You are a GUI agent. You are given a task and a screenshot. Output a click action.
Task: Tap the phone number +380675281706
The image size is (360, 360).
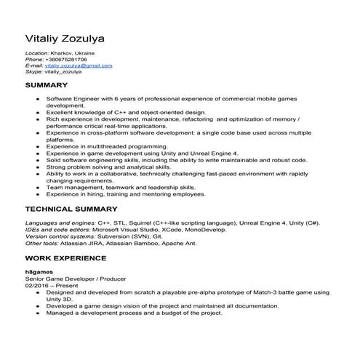pos(66,60)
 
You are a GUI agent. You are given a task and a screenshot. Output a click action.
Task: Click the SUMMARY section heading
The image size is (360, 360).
pos(47,85)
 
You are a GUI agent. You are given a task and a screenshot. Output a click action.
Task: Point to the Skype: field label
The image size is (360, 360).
pos(34,71)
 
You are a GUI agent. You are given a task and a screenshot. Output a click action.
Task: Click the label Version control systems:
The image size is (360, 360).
pos(63,236)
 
